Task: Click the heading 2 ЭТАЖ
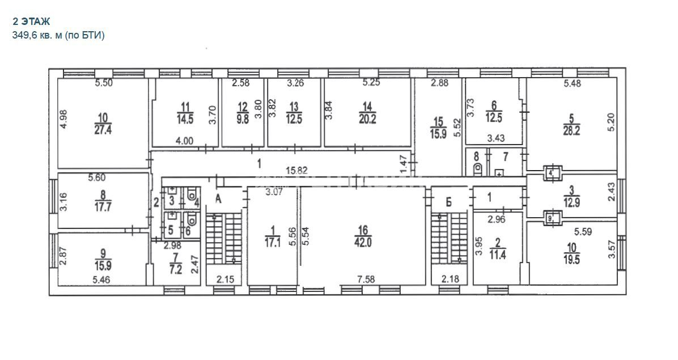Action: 31,22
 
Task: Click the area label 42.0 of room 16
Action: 363,243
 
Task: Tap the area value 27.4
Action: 103,129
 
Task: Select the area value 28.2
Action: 571,131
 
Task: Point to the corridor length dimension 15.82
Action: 296,171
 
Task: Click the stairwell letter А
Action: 218,199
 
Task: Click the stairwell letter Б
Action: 448,202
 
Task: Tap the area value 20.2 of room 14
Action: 367,119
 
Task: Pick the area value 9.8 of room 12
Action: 243,119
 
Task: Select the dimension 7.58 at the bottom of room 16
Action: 366,279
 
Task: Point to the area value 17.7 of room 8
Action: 103,207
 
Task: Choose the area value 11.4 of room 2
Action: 497,255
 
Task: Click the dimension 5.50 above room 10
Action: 104,83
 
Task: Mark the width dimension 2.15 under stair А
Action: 225,279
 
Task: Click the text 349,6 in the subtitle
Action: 25,36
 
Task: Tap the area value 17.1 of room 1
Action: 273,243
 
